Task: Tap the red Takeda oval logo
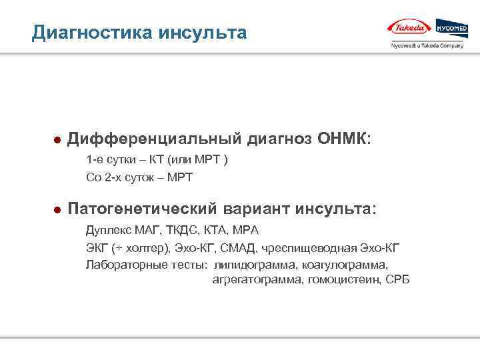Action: [x=409, y=28]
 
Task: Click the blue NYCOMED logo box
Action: [x=451, y=28]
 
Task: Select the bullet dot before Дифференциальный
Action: [x=57, y=141]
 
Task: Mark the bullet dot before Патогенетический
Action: [x=57, y=210]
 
